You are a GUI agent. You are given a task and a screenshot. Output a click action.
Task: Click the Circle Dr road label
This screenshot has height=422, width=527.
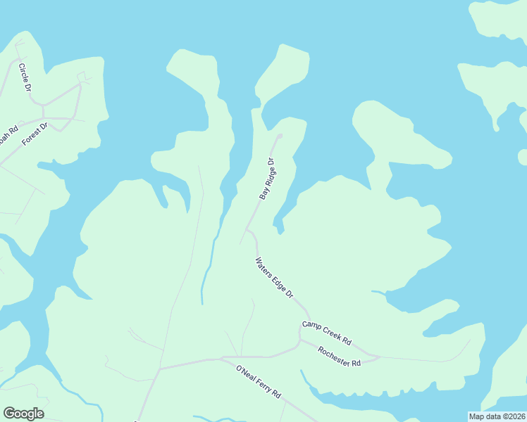tap(25, 78)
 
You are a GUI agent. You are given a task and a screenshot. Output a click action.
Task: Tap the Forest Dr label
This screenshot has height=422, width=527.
tap(34, 134)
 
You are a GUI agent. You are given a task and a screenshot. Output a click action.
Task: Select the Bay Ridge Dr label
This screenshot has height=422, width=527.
tap(266, 179)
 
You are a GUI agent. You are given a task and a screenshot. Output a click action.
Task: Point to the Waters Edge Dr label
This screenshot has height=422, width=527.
tap(274, 279)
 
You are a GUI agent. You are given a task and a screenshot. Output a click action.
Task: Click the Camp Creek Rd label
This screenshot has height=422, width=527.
tap(326, 332)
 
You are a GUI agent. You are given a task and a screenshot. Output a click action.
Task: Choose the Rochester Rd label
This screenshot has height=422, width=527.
tap(339, 357)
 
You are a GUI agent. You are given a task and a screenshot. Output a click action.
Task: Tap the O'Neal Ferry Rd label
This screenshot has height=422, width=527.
tap(258, 381)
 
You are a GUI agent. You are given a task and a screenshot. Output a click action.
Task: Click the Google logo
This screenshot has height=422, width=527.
tap(23, 414)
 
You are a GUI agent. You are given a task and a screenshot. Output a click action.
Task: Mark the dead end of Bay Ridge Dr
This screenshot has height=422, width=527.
tap(280, 136)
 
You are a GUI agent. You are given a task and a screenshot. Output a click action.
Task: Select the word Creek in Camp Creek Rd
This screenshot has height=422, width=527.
tap(330, 333)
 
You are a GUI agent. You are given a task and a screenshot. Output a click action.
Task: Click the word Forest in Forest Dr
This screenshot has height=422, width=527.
tap(30, 137)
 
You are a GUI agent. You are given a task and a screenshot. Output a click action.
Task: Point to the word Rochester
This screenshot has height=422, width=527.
tap(334, 354)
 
